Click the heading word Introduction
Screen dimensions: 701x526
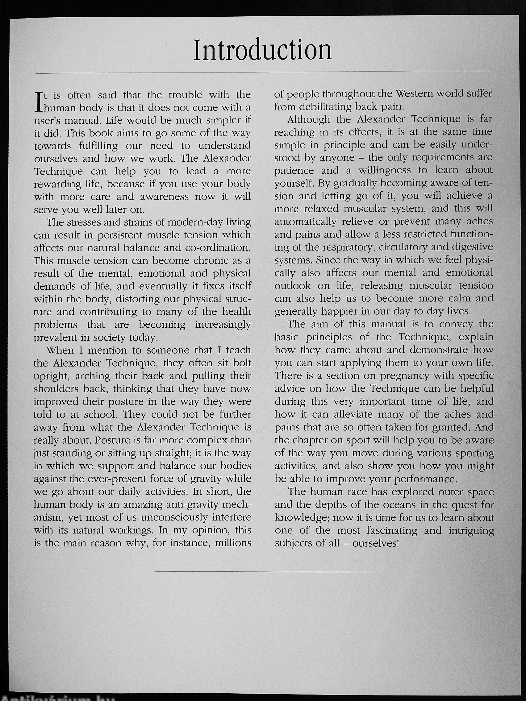pos(262,50)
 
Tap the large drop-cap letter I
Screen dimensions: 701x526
pos(38,101)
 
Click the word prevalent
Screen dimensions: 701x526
pos(58,338)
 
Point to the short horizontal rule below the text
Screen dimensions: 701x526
pos(263,572)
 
